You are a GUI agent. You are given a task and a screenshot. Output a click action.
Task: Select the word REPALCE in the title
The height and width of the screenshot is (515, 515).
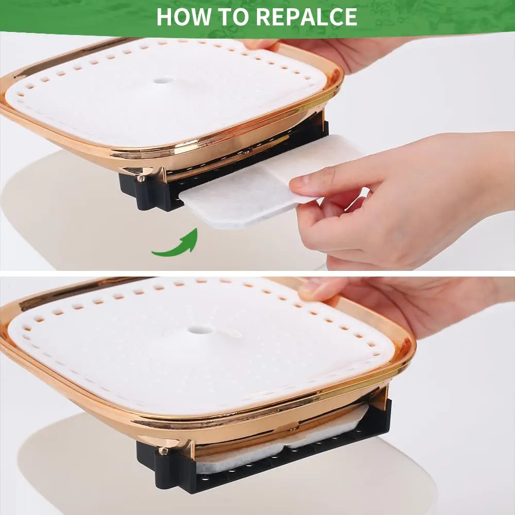306,16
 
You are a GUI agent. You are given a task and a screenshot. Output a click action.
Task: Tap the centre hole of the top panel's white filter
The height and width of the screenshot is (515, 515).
163,80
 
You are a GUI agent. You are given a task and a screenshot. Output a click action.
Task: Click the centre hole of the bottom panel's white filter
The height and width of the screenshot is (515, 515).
200,329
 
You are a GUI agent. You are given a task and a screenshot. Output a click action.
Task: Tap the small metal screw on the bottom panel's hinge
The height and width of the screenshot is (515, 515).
162,451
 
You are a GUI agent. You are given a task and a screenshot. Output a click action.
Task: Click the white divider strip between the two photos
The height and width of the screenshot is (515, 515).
257,273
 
